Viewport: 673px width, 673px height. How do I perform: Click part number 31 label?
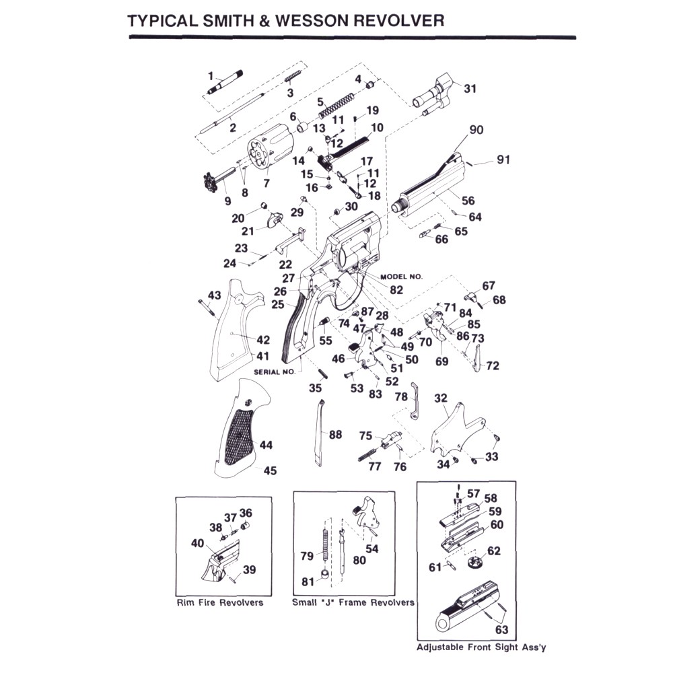[470, 88]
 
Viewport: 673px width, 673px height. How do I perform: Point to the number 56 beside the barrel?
[468, 201]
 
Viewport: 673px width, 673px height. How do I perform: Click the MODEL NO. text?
[401, 277]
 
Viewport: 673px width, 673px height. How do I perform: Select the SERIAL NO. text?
[274, 371]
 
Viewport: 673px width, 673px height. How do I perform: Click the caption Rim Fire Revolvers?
[219, 602]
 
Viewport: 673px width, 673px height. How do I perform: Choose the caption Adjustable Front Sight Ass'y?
[481, 647]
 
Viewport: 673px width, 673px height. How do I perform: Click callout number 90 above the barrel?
[476, 129]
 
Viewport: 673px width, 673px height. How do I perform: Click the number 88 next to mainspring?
[335, 435]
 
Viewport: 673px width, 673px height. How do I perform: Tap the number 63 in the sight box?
[502, 631]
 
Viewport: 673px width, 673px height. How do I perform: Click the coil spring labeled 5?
[334, 104]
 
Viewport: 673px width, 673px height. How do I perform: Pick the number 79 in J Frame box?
[307, 556]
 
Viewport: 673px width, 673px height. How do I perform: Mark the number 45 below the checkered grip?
[270, 471]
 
